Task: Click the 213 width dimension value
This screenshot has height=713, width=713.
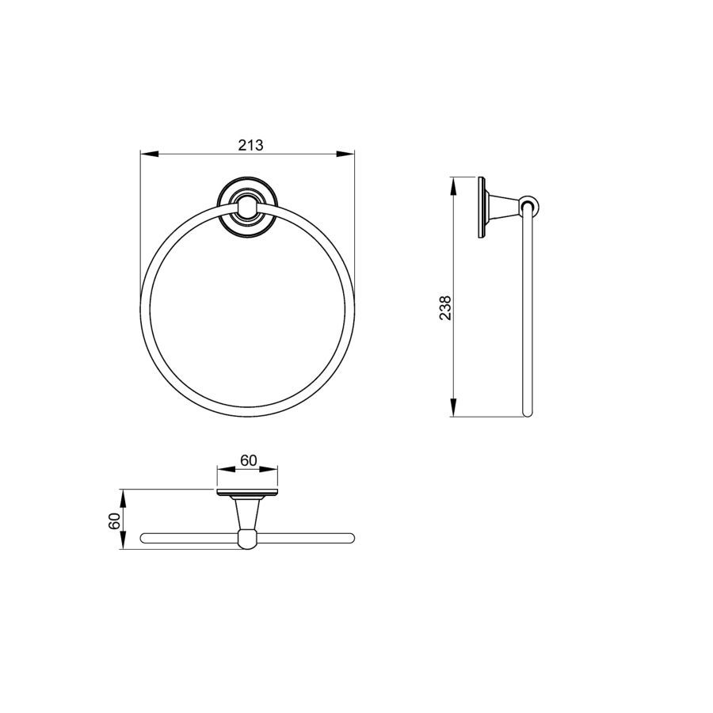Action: point(250,145)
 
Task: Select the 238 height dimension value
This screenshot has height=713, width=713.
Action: point(445,308)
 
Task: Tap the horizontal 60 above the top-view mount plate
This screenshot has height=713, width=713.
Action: point(248,460)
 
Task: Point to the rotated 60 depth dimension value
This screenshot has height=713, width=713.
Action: point(114,520)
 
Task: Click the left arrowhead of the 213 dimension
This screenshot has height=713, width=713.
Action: point(149,154)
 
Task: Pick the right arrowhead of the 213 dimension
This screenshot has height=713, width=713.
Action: point(345,154)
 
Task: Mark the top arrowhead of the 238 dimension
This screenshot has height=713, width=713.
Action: point(453,186)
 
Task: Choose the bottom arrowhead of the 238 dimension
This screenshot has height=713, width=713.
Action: point(453,407)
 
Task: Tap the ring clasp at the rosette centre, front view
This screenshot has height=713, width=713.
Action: point(247,207)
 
